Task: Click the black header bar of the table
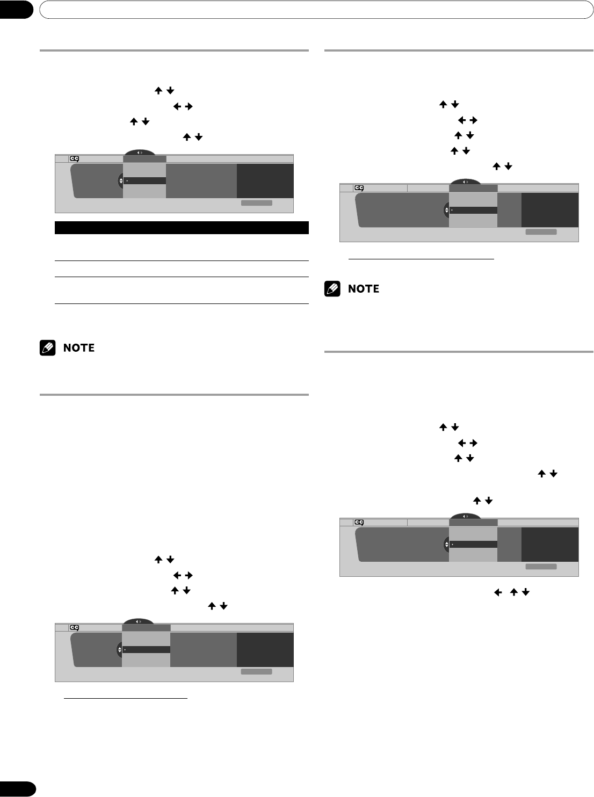point(182,227)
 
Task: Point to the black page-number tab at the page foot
point(17,788)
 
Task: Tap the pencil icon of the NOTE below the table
point(47,348)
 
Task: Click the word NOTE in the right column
point(364,289)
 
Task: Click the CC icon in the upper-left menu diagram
point(74,158)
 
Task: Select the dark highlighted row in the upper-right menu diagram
point(473,210)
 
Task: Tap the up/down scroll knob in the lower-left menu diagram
point(120,650)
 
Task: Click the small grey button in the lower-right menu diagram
point(541,566)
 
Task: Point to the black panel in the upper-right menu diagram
point(550,210)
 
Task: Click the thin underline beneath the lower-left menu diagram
point(125,699)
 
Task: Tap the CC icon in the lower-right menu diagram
point(359,522)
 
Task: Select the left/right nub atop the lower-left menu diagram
point(139,621)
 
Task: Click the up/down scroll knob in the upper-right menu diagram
point(446,210)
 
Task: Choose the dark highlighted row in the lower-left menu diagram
point(146,649)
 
